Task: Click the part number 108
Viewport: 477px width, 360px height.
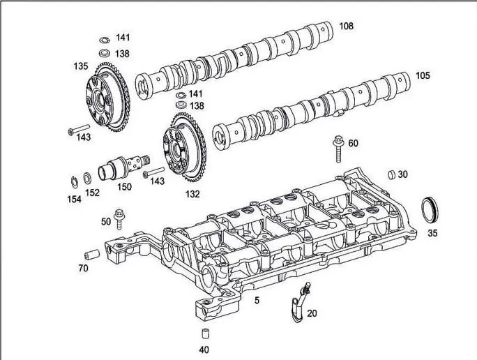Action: [346, 27]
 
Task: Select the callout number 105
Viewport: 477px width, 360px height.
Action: [423, 75]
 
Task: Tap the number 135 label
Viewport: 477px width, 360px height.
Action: [80, 67]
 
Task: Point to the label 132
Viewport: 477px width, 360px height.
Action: [192, 193]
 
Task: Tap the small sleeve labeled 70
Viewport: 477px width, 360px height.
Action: [90, 253]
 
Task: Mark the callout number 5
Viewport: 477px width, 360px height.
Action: [257, 301]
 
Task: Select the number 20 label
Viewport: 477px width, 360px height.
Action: [312, 314]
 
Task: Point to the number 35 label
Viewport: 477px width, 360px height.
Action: [433, 234]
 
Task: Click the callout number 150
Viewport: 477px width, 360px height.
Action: [124, 187]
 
